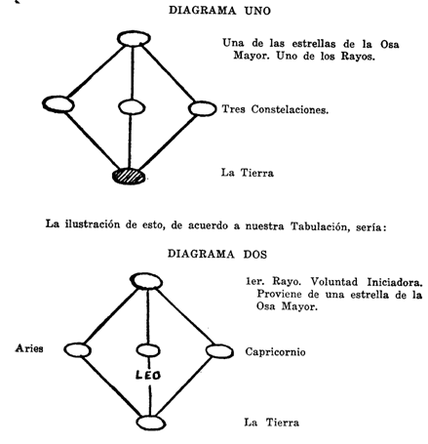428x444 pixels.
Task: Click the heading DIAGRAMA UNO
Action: pos(219,11)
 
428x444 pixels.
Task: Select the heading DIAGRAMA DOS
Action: pos(217,254)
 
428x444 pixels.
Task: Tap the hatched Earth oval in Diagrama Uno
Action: pos(129,176)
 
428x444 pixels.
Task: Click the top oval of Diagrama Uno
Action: pos(134,39)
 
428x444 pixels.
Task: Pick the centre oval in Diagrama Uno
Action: pos(132,107)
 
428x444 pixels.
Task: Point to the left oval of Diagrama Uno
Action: pos(58,104)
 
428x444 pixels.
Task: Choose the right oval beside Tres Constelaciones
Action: pos(202,108)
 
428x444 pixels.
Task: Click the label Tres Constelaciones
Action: pos(275,109)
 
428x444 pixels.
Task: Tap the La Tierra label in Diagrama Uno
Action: pos(248,173)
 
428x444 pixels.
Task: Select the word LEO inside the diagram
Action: pos(148,376)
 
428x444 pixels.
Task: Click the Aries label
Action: pos(29,348)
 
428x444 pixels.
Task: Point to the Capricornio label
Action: pos(275,352)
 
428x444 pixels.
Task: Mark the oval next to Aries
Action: pos(77,350)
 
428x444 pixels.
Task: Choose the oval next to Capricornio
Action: pos(219,351)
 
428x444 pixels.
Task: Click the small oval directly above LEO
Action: pos(148,350)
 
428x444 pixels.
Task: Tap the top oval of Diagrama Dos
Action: pos(146,281)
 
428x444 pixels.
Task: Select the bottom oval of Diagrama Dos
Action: pos(151,423)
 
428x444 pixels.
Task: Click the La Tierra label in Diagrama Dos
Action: pos(272,423)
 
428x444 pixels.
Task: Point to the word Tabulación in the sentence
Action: pos(320,226)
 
